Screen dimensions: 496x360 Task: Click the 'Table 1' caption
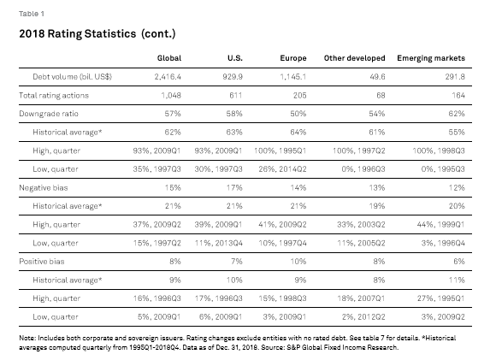click(32, 14)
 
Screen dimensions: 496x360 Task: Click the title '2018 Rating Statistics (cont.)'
click(97, 33)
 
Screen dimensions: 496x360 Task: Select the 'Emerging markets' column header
click(431, 58)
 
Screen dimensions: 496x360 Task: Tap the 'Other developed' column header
click(354, 58)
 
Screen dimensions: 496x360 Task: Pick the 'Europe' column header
click(293, 58)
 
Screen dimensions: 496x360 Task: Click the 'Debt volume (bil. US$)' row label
click(72, 77)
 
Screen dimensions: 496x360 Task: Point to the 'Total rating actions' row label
click(54, 95)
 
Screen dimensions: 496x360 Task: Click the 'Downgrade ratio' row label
click(49, 114)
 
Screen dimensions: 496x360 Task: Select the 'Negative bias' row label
click(44, 187)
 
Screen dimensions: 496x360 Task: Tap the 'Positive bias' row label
click(41, 262)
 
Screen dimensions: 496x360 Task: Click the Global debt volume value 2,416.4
click(168, 77)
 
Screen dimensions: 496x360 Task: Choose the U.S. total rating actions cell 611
click(236, 95)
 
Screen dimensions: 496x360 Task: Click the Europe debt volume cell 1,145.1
click(293, 77)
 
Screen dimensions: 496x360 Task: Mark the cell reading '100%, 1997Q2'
click(358, 150)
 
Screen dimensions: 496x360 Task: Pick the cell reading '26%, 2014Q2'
click(282, 169)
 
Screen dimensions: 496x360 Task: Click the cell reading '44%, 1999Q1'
click(441, 225)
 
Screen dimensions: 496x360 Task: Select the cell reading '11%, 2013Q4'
click(219, 243)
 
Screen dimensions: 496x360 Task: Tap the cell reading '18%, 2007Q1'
click(361, 298)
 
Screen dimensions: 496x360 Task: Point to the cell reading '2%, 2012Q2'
click(363, 316)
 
